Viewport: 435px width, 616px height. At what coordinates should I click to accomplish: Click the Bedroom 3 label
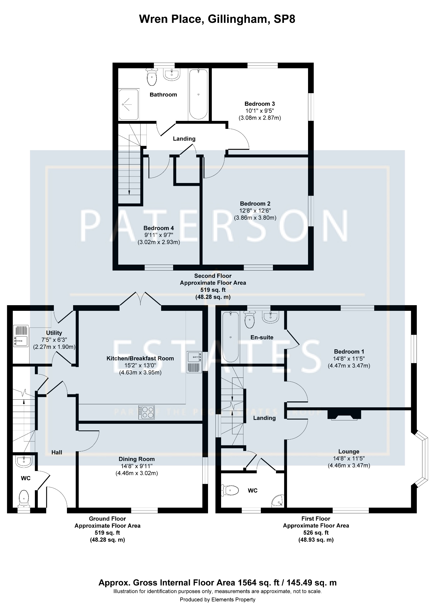[x=260, y=104]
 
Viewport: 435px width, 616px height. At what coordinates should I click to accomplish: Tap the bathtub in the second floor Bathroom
[x=198, y=94]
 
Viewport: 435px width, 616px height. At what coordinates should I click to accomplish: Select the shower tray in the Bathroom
[x=129, y=104]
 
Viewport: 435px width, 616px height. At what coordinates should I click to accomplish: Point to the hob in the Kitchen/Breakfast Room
[x=146, y=413]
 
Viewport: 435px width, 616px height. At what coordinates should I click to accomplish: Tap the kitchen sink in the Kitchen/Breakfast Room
[x=194, y=362]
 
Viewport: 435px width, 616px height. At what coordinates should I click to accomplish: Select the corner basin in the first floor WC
[x=278, y=501]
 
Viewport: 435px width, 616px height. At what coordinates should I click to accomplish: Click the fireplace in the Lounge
[x=344, y=415]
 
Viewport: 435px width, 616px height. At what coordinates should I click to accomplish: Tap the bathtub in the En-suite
[x=231, y=337]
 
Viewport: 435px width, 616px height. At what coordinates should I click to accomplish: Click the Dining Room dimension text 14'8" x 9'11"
[x=137, y=466]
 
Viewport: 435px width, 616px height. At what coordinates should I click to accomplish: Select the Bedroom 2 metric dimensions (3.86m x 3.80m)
[x=255, y=218]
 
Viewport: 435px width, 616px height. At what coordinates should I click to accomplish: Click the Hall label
[x=57, y=453]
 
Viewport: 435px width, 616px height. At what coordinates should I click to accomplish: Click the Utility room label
[x=54, y=333]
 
